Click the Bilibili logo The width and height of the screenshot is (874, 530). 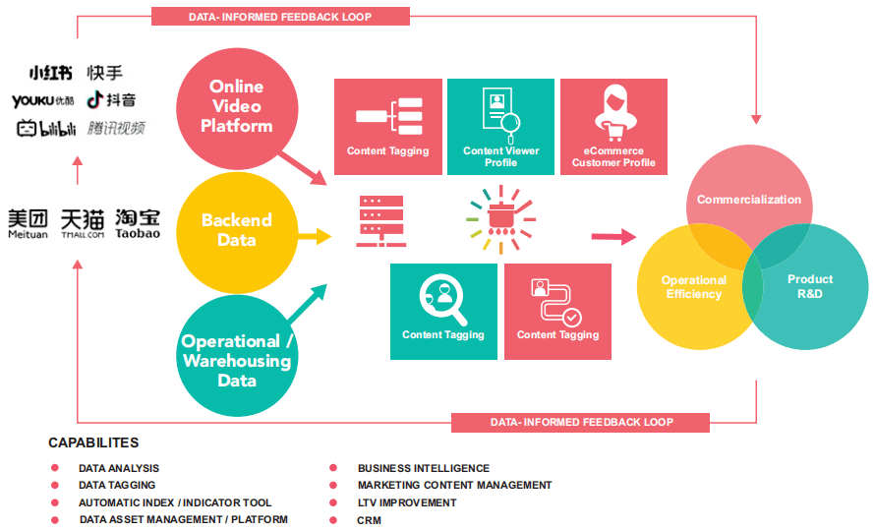(x=46, y=128)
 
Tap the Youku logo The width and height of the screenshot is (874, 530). (x=43, y=101)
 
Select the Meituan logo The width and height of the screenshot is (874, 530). (x=28, y=224)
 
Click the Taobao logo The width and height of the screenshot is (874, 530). (x=138, y=224)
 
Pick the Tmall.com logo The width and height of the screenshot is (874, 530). (x=83, y=224)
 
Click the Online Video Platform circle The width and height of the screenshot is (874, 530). (x=237, y=109)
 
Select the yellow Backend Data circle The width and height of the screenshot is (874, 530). (x=237, y=233)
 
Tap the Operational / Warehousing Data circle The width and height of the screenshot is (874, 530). (x=237, y=356)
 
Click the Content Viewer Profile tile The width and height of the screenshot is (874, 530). (x=500, y=127)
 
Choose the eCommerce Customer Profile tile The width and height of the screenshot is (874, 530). (x=613, y=127)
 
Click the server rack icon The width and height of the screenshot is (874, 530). (x=381, y=221)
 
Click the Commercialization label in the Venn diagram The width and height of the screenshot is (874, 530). (x=748, y=200)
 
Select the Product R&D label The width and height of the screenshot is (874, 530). (x=810, y=286)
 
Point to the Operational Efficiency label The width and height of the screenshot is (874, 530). (x=694, y=287)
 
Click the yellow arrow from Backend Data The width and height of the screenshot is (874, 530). (x=315, y=236)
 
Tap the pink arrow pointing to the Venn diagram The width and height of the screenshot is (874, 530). (x=613, y=237)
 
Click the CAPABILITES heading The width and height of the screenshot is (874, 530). (x=93, y=442)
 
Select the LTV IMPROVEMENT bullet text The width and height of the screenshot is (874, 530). (x=407, y=502)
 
